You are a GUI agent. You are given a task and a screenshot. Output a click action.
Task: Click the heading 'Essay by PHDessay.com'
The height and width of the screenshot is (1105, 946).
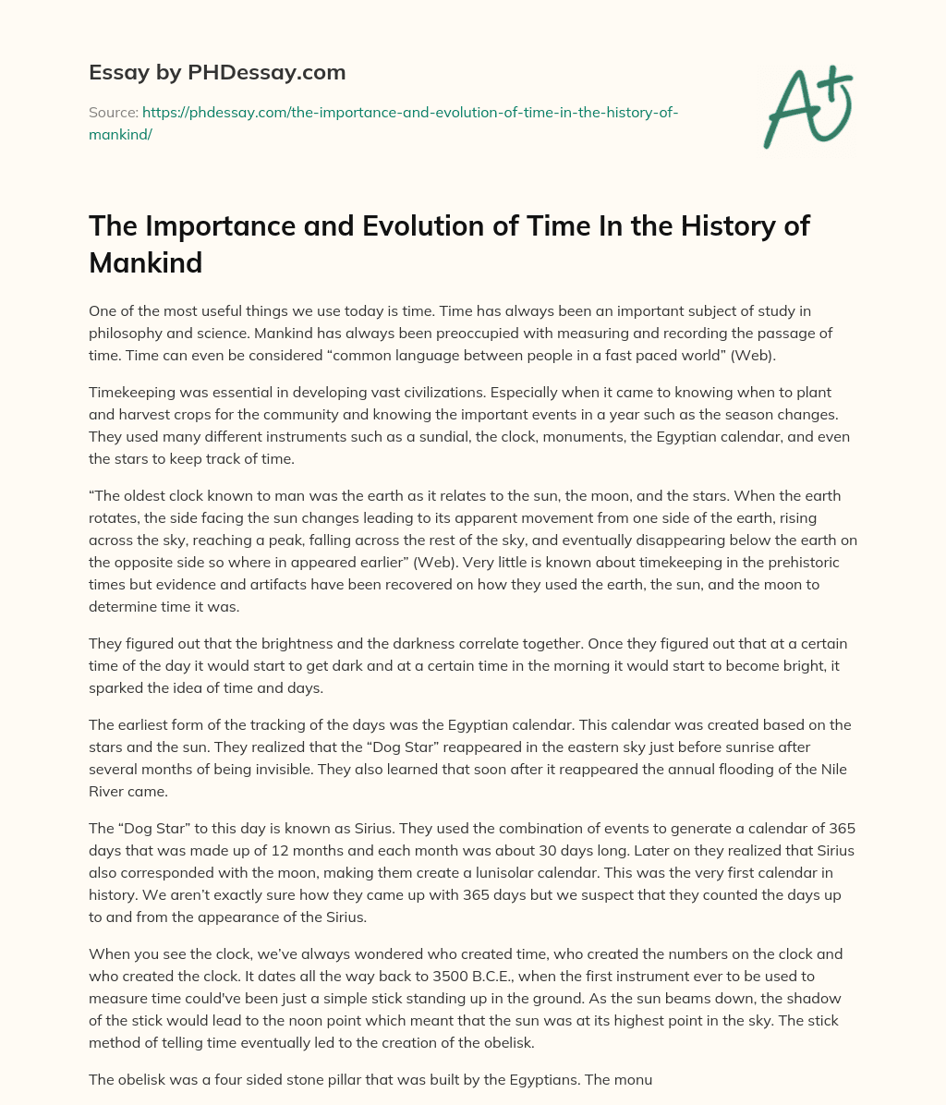217,71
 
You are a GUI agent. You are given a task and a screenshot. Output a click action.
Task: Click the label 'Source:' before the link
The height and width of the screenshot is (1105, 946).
113,112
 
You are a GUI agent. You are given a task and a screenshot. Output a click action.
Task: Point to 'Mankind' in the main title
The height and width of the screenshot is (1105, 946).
145,262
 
